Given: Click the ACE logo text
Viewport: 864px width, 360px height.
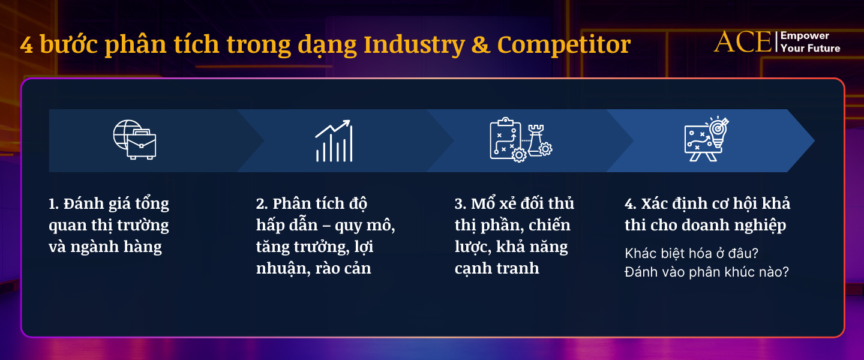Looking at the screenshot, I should [743, 42].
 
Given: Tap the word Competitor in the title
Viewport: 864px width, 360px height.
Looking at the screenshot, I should [563, 46].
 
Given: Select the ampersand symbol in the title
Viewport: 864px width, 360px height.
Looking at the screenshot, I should [481, 46].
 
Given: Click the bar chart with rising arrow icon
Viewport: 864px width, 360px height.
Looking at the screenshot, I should [334, 141].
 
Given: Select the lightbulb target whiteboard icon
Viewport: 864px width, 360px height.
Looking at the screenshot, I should [707, 139].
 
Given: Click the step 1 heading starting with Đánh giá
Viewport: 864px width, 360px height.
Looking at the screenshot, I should [109, 226].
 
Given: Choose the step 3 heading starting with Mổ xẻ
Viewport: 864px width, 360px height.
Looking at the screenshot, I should [514, 236].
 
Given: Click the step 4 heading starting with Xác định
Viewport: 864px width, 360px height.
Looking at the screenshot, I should [707, 214].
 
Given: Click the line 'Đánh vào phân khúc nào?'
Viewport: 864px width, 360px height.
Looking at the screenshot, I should [706, 272].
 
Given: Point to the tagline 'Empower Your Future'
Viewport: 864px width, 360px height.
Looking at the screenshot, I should [810, 42].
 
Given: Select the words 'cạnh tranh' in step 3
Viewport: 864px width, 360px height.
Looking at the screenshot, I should [497, 268].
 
